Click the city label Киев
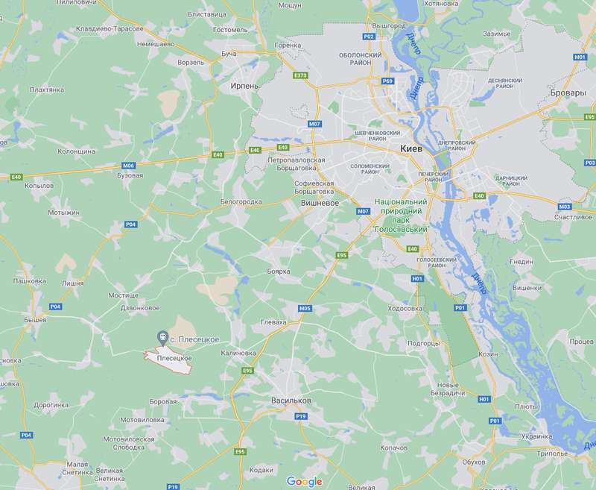click(411, 148)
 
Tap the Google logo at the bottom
click(304, 481)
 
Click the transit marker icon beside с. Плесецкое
click(161, 338)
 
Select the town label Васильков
click(291, 400)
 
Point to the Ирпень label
click(244, 86)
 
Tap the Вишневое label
click(319, 202)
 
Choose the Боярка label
click(278, 271)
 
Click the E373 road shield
click(301, 75)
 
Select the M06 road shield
click(129, 165)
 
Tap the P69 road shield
click(387, 81)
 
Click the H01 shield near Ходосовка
click(416, 279)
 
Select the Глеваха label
click(273, 321)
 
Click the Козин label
click(488, 354)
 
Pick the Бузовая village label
click(130, 175)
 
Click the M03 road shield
click(564, 207)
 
